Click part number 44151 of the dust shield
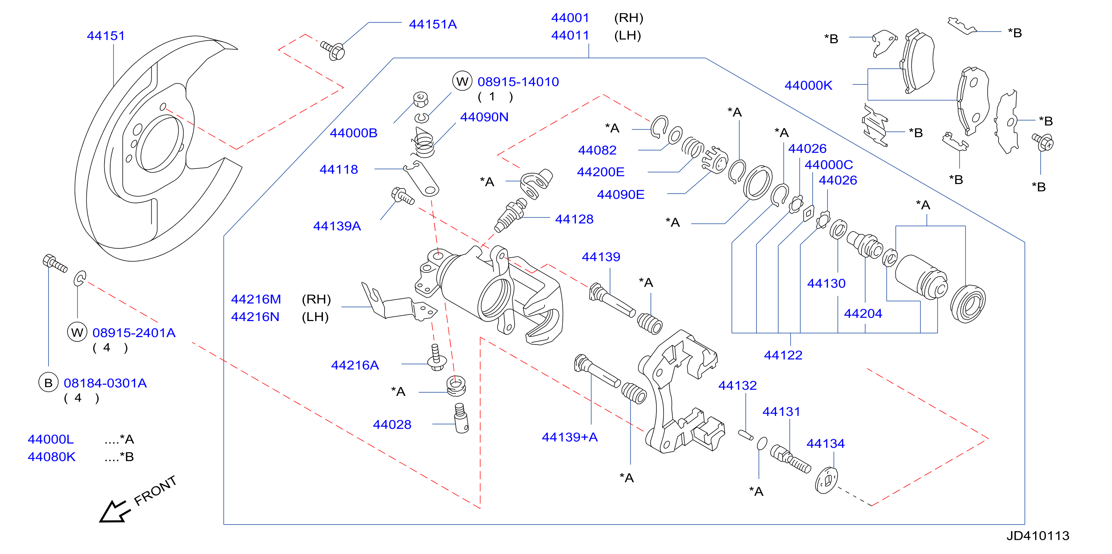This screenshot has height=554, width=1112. coord(106,36)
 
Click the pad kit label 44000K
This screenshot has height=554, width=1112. coord(808,85)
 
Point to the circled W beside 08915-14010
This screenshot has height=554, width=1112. coord(462,81)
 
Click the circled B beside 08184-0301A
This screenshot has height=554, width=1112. coord(48,382)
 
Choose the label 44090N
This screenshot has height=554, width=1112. coord(484,117)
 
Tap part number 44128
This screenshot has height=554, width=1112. coord(574,219)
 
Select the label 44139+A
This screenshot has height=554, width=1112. coord(570,437)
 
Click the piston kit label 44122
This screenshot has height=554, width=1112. coord(783,355)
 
